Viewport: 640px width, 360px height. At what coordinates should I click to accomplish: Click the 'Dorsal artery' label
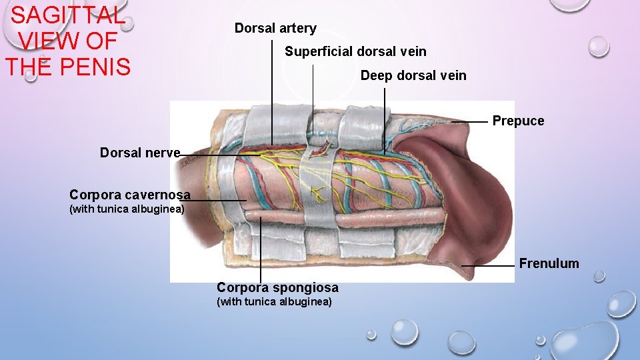click(275, 29)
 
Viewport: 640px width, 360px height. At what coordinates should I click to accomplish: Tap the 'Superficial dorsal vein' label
click(355, 51)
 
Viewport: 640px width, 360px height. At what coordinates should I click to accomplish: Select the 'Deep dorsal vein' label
click(413, 75)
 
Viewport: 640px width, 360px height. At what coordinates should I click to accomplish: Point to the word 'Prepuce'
click(518, 121)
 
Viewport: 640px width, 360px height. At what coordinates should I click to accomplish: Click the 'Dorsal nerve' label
click(140, 153)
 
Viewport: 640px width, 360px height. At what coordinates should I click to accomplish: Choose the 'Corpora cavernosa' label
click(130, 195)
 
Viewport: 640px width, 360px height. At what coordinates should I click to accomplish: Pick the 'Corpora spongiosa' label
click(277, 287)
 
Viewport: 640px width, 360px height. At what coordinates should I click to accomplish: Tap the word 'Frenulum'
click(549, 263)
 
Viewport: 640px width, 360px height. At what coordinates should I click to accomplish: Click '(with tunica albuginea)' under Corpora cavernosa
click(127, 209)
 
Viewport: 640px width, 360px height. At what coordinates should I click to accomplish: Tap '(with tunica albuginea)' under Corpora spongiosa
click(275, 302)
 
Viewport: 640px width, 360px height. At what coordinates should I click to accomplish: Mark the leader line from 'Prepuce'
click(470, 122)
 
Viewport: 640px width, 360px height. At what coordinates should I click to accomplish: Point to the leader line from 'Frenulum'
click(489, 265)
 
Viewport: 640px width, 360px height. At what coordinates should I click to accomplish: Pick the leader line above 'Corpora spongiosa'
click(261, 253)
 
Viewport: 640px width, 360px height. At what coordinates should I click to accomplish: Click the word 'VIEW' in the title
click(48, 41)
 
